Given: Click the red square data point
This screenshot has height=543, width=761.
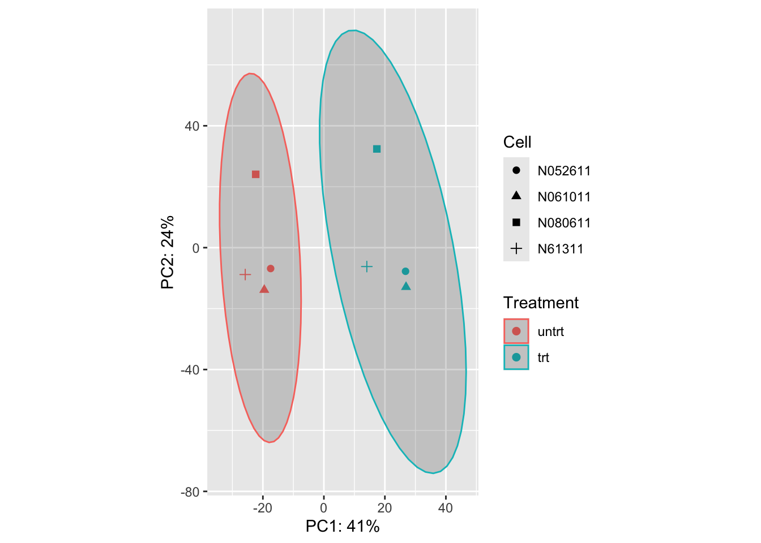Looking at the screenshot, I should tap(255, 174).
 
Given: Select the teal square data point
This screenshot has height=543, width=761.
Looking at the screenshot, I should tap(377, 149).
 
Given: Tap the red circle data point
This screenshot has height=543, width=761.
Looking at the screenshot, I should tap(271, 268).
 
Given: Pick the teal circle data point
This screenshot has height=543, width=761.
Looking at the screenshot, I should tap(405, 271).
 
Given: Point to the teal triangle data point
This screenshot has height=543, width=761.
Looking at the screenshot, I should tap(406, 286).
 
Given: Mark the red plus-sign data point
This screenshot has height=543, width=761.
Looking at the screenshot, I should tap(245, 275).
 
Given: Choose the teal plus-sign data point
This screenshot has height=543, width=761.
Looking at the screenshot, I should tap(367, 266).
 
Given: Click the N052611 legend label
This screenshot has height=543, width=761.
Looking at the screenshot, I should tap(564, 171).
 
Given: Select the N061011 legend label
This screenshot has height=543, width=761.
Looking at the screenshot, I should tap(564, 197).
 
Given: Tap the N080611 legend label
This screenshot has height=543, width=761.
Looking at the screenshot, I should tap(564, 223).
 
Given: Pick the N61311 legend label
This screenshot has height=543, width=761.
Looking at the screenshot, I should tap(560, 249).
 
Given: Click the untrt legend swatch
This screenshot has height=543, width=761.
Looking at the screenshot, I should tap(516, 331).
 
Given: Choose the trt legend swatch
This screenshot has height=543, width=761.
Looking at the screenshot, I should tap(516, 357).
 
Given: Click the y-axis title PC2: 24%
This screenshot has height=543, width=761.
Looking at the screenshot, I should tap(168, 252).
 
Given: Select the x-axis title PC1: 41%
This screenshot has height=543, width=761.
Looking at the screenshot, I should tap(343, 527).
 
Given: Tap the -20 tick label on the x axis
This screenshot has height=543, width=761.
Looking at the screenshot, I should tap(263, 508).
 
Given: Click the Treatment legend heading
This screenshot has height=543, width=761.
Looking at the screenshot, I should tap(541, 303).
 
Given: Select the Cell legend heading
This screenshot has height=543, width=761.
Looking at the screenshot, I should tap(517, 142).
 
